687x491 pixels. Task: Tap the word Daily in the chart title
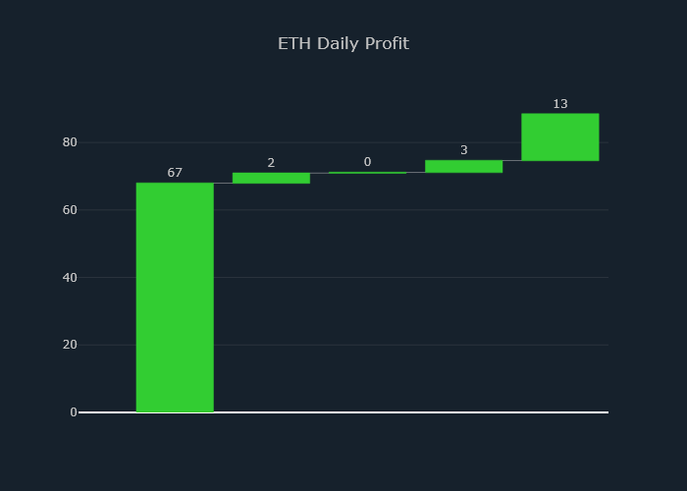(x=342, y=44)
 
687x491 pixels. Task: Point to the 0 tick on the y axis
(x=73, y=412)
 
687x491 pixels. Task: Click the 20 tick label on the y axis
(x=70, y=345)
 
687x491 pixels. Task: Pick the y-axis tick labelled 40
(x=70, y=278)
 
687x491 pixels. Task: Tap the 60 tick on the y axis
(x=70, y=210)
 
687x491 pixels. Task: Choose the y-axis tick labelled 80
(x=70, y=142)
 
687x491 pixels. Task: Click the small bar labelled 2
(x=271, y=178)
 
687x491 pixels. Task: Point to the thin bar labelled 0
(x=367, y=173)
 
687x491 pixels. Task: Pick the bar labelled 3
(x=463, y=167)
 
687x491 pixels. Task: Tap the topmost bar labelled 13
(x=559, y=137)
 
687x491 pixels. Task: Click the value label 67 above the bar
(x=175, y=173)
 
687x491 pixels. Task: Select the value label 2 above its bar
(x=271, y=163)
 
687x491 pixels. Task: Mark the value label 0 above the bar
(x=367, y=162)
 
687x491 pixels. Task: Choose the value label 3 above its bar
(x=463, y=150)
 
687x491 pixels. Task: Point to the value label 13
(x=559, y=104)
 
